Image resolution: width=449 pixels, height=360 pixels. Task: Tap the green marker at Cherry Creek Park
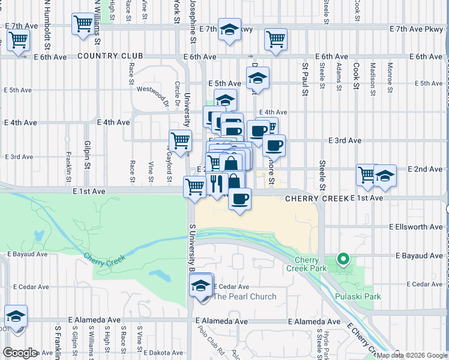(343, 259)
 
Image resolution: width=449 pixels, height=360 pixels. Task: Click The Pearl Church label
(245, 296)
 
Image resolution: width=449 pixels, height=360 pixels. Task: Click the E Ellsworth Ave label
(415, 227)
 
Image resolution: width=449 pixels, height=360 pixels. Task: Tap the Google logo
(20, 353)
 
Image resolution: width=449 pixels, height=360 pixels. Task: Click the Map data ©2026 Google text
(412, 355)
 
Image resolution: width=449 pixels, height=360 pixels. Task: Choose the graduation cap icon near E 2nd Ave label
(385, 175)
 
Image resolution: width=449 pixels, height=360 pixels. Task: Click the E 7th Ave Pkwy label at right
(415, 29)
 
